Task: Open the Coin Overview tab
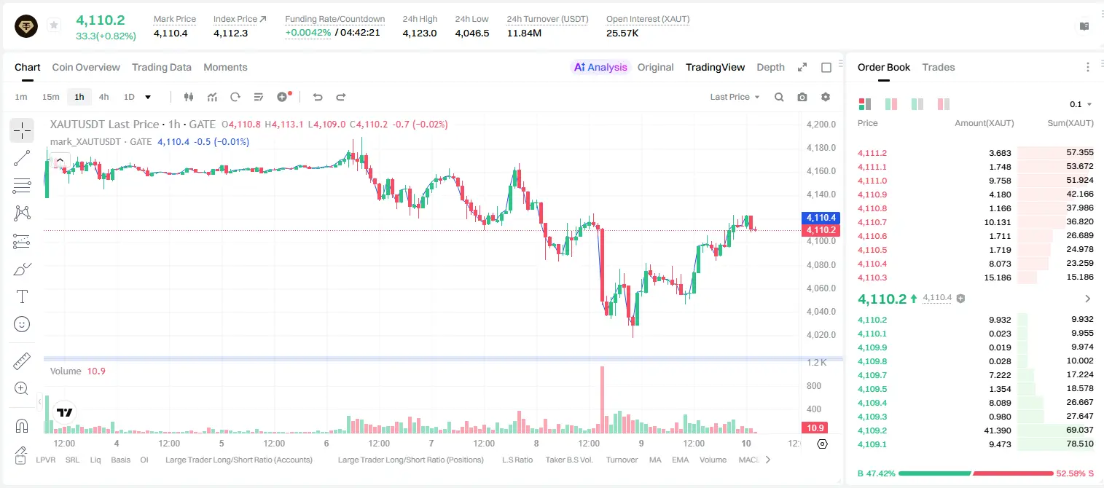tap(86, 67)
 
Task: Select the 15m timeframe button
tap(50, 97)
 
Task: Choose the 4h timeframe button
tap(103, 97)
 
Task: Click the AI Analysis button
tap(600, 67)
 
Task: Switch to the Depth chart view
tap(770, 67)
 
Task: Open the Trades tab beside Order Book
tap(939, 67)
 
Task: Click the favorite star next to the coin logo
tap(54, 25)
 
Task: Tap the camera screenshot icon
tap(802, 97)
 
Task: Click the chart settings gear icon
tap(826, 97)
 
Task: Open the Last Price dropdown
tap(735, 97)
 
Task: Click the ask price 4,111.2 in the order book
tap(872, 153)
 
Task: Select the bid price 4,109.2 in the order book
tap(872, 430)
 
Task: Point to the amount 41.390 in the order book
tap(998, 430)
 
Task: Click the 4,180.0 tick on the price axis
tap(821, 148)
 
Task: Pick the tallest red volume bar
tap(602, 400)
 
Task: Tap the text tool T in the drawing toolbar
tap(22, 296)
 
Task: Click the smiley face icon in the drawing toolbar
tap(22, 324)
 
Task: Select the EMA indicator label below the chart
tap(680, 460)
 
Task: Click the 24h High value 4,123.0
tap(420, 33)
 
